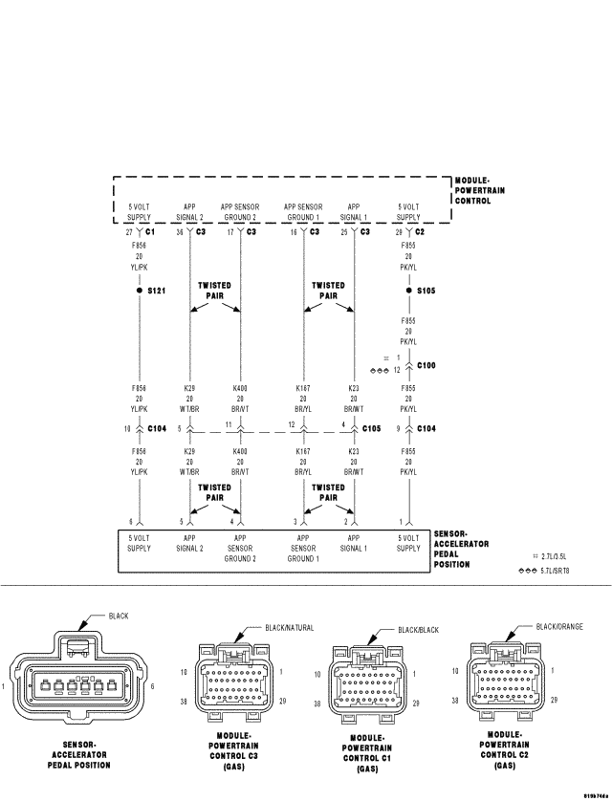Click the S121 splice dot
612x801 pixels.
[140, 289]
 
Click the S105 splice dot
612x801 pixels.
[408, 290]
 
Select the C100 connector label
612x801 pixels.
[426, 365]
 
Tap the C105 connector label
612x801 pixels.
[372, 428]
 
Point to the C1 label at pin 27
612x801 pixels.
[150, 231]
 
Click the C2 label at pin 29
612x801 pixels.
[419, 231]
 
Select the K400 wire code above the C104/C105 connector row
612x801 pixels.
[240, 390]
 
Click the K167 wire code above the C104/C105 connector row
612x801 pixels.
[303, 390]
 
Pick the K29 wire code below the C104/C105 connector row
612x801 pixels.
[189, 449]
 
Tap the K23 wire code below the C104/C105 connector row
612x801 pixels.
[353, 449]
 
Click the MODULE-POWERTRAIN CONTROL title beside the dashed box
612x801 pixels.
[479, 190]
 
